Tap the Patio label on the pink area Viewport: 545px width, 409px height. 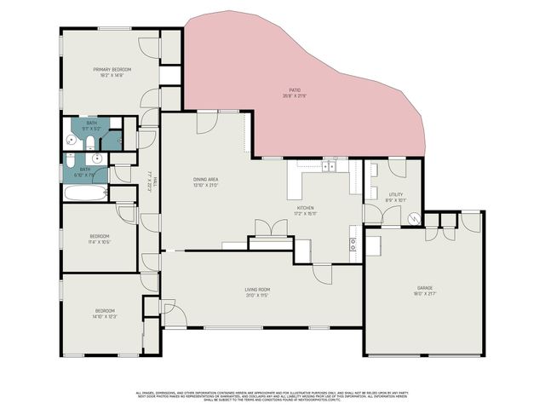[295, 89]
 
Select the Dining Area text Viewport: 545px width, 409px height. [207, 179]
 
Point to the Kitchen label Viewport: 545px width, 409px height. [306, 208]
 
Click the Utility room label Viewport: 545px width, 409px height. [395, 194]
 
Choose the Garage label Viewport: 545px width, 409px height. [425, 288]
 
